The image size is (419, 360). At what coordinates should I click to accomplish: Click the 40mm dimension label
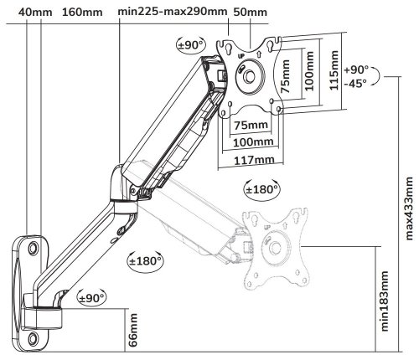(x=35, y=13)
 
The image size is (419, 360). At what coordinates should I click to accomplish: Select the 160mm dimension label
(x=82, y=13)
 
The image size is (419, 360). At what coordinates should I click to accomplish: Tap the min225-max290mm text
(x=173, y=12)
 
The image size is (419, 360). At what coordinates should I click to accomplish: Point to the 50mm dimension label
(x=250, y=12)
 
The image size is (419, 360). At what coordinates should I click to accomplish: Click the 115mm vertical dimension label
(x=334, y=70)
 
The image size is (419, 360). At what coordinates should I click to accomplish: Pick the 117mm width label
(x=254, y=160)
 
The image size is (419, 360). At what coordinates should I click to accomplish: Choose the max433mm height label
(x=409, y=208)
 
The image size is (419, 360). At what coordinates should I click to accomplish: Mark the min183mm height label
(x=385, y=301)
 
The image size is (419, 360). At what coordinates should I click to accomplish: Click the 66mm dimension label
(x=133, y=330)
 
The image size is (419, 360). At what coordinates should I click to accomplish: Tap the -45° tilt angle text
(x=355, y=83)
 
